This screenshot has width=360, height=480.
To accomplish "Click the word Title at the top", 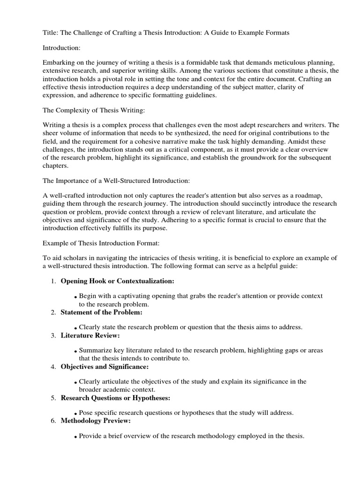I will [x=51, y=32].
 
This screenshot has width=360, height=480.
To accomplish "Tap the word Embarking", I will [x=59, y=63].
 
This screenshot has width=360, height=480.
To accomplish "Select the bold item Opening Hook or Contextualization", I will [x=118, y=281].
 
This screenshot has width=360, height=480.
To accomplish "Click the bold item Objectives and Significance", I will [x=105, y=366].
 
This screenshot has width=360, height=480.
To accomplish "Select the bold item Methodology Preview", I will [x=97, y=420].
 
